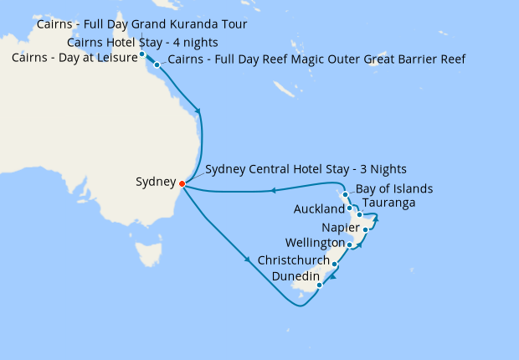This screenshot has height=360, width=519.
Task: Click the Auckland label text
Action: [x=319, y=208]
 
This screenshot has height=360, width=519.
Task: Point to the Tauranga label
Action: [x=388, y=203]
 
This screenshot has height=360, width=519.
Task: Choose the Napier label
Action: [x=340, y=228]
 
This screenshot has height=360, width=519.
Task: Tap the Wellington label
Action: [x=313, y=244]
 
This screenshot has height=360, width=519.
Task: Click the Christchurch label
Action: [x=293, y=260]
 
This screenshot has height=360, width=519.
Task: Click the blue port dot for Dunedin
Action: [x=319, y=285]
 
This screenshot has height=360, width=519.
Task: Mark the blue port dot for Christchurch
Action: [x=334, y=265]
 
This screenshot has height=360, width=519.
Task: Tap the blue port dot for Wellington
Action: [x=349, y=245]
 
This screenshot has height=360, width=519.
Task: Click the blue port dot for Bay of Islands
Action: [x=345, y=194]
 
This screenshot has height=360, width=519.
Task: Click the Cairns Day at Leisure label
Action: [x=73, y=58]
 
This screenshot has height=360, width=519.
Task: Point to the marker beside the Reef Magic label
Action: [x=157, y=64]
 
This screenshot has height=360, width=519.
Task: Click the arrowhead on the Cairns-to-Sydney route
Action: [x=198, y=111]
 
